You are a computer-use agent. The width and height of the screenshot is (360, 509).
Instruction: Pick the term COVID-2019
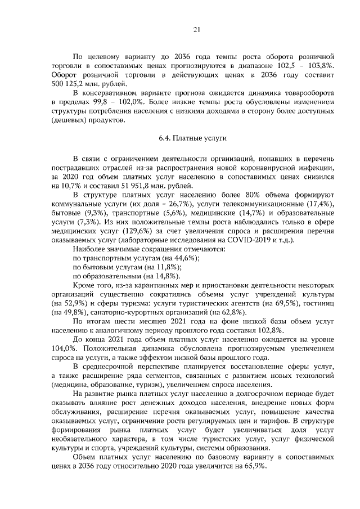point(242,240)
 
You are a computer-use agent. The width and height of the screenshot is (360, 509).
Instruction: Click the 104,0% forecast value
point(62,349)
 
